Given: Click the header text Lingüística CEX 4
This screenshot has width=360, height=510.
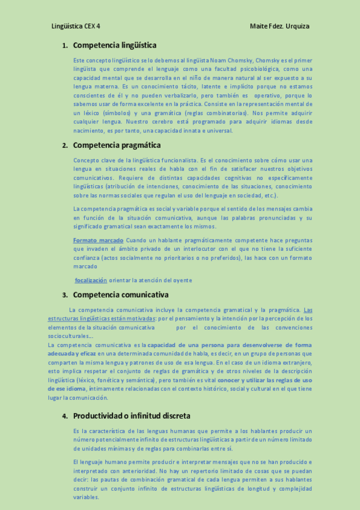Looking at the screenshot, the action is point(76,26).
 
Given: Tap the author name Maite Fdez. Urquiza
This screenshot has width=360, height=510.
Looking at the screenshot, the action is point(279,26).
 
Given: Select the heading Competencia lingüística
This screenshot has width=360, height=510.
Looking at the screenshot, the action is point(115,45).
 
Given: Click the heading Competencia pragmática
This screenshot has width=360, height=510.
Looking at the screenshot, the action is point(117,145).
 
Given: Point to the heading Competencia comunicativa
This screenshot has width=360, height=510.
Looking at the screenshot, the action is point(120,295).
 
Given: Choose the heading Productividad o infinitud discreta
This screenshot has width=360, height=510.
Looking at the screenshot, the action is point(132,416).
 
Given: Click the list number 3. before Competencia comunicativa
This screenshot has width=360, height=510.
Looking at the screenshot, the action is point(65,295).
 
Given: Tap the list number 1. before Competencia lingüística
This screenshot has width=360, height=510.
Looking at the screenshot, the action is point(65,46).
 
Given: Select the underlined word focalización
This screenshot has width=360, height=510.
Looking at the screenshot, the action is point(91,280).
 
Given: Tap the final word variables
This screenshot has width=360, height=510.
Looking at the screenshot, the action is point(85,497).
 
